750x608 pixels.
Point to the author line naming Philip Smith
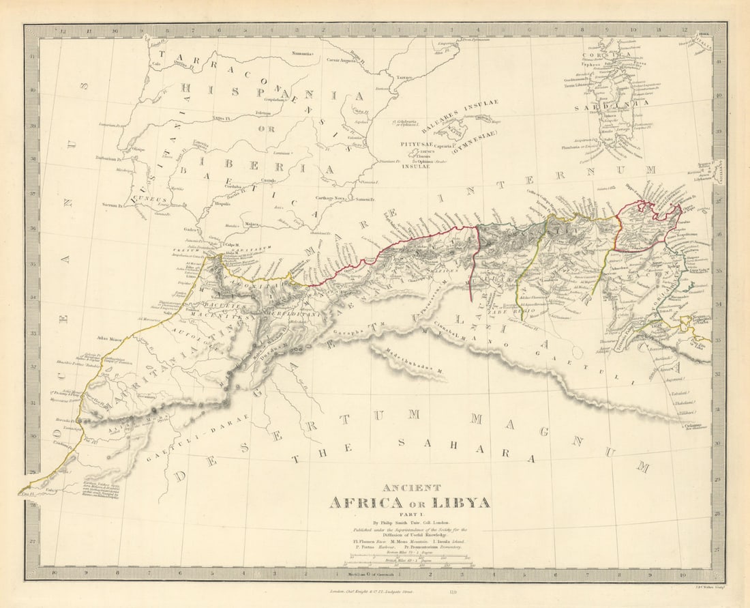[408, 522]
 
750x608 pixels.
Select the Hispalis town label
[222, 203]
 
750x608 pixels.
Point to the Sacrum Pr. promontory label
[111, 204]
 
